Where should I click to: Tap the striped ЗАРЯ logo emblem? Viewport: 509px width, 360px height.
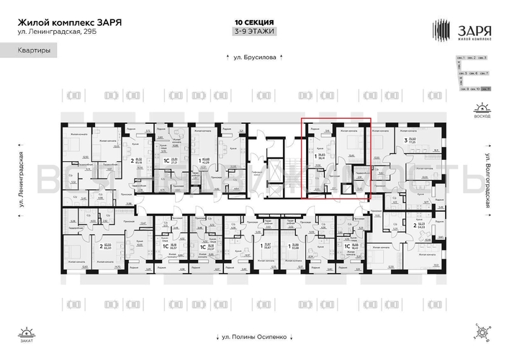(x=442, y=30)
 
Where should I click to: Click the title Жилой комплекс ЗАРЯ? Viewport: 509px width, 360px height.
(x=69, y=22)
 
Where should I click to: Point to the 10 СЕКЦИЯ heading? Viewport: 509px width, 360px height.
(x=254, y=22)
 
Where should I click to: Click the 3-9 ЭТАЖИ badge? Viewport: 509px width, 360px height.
(x=254, y=32)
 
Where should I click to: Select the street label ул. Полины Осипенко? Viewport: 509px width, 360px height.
(x=253, y=336)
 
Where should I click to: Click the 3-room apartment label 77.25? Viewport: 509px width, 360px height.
(x=413, y=142)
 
